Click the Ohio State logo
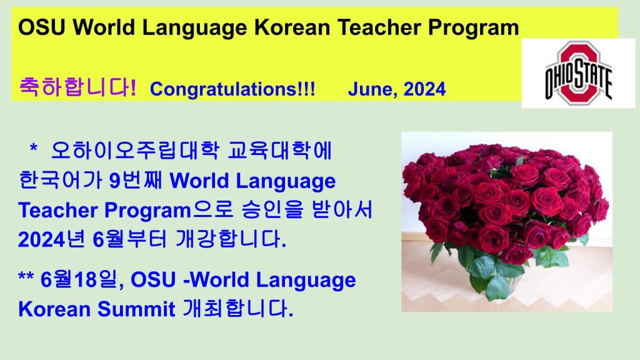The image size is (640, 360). pos(578,74)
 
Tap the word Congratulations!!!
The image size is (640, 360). pos(232,89)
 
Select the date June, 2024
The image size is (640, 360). pos(396,89)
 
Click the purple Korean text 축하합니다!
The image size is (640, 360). pos(77,87)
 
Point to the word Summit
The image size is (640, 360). pos(136,309)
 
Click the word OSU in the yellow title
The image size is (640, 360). pos(42,27)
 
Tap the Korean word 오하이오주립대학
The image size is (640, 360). pos(135,151)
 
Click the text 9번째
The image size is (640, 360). pos(136,180)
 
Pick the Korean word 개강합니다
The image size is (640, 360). pos(231,239)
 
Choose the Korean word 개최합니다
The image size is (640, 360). pos(237,309)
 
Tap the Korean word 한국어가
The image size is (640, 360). pos(61,180)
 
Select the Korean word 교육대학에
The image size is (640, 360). pos(279,151)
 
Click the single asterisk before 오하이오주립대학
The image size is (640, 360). pos(34,147)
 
